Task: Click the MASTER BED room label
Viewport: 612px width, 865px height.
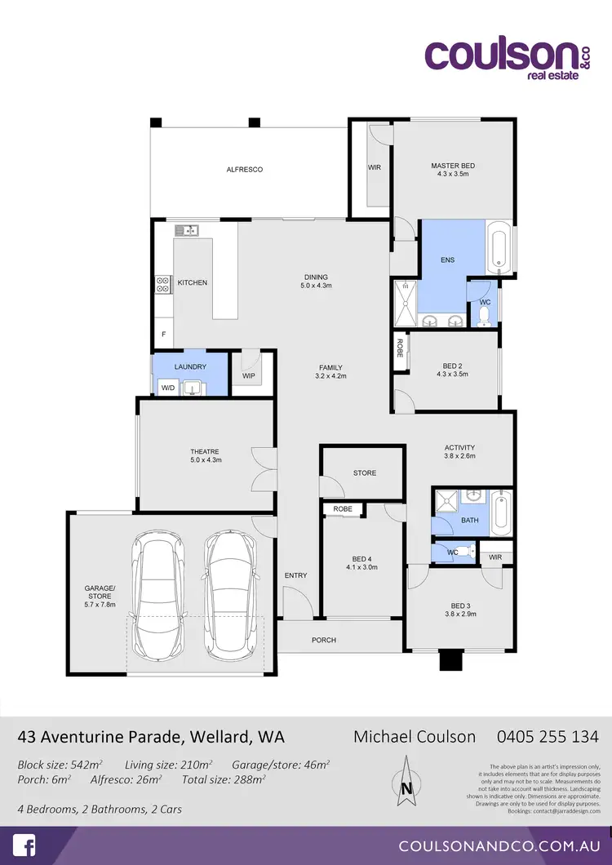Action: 453,166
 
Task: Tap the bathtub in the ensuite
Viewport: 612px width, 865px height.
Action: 499,247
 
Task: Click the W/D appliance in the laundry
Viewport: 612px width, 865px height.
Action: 169,388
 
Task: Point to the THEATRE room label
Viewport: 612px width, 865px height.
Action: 205,451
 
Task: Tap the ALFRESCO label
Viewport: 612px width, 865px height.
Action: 244,170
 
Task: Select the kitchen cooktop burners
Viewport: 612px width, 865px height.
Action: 162,285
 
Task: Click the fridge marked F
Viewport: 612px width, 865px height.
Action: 163,335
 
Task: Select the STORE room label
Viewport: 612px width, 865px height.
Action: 365,472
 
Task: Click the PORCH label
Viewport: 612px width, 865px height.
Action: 324,640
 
